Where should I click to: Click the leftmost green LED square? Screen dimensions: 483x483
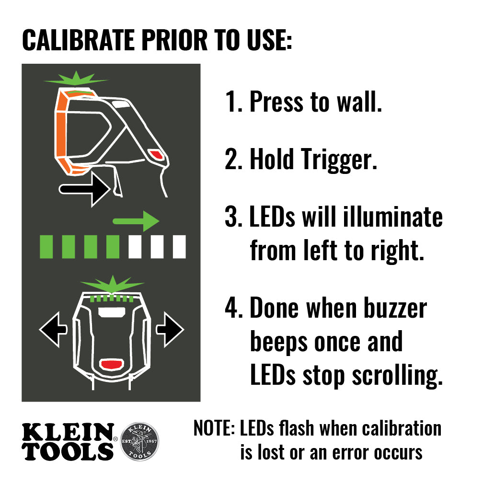(x=46, y=247)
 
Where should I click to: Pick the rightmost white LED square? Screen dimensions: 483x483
(x=179, y=247)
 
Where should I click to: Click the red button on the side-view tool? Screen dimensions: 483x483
(x=156, y=153)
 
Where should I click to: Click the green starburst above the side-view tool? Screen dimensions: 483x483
(x=77, y=78)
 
